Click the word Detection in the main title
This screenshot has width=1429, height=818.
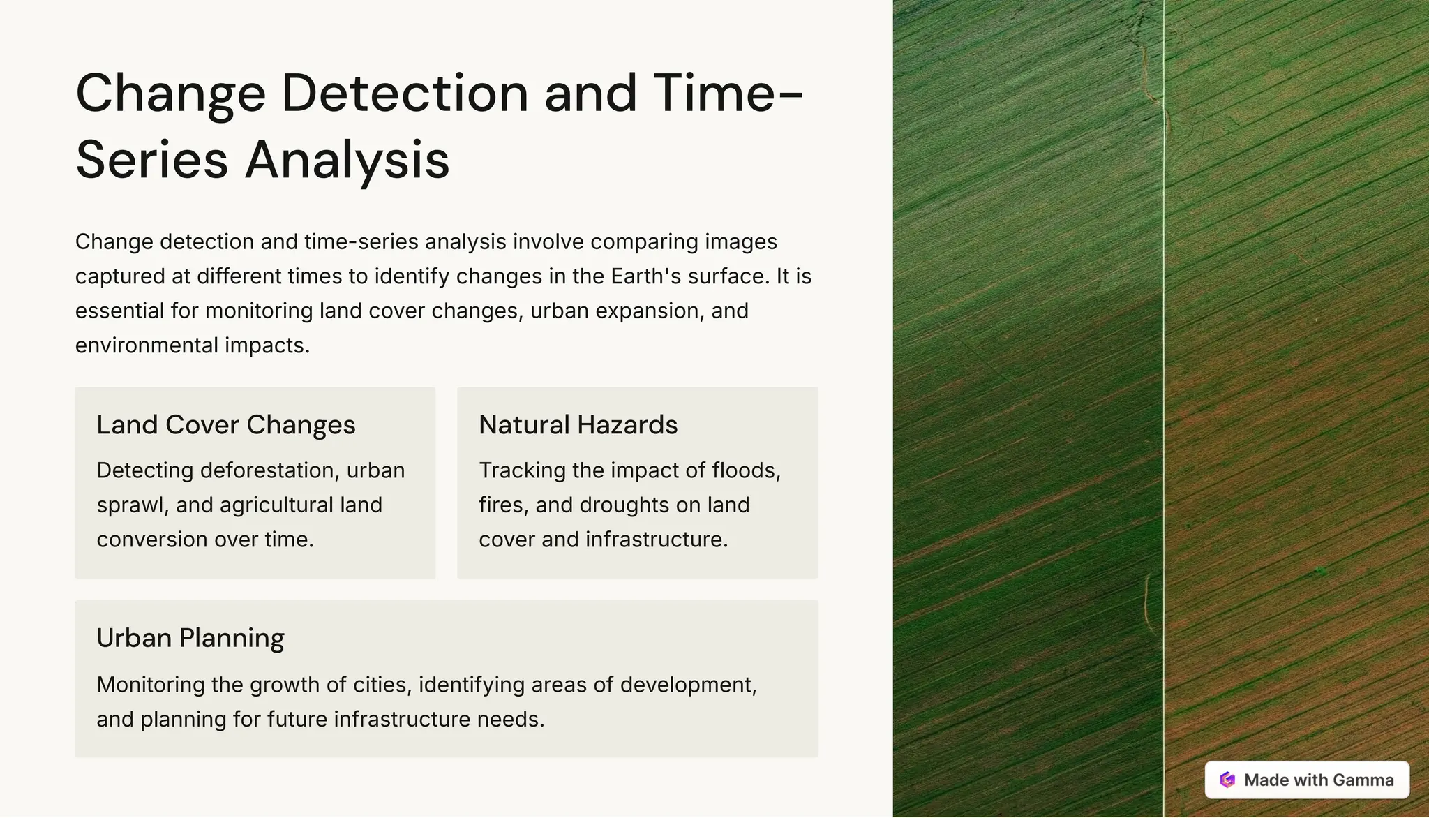(405, 94)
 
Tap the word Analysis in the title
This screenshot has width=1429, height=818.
(347, 160)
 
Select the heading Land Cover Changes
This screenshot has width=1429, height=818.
(226, 425)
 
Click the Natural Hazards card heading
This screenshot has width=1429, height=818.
(578, 425)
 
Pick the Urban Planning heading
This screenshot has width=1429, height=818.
(190, 638)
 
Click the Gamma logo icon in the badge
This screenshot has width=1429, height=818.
(1227, 780)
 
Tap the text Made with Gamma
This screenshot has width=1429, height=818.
(1319, 780)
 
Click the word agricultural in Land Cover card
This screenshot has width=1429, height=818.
(276, 505)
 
